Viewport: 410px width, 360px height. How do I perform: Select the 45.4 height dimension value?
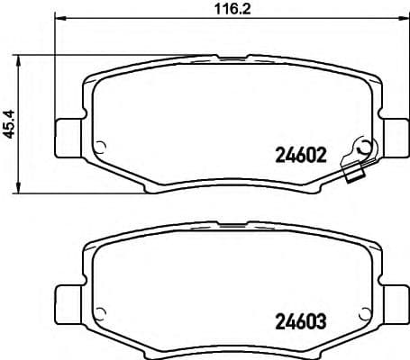(x=10, y=123)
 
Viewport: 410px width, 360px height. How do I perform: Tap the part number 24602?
(x=297, y=154)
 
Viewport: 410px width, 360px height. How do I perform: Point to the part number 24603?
(x=297, y=319)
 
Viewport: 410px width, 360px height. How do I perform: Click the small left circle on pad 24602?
(x=100, y=149)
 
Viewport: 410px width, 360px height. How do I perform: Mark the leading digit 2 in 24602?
(x=277, y=154)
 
